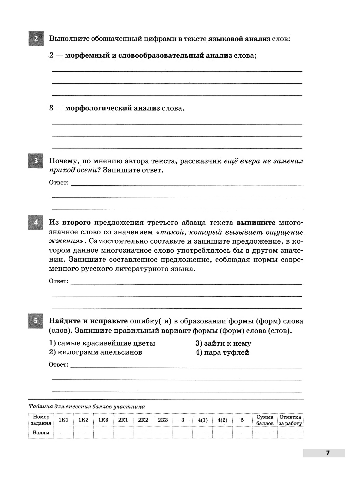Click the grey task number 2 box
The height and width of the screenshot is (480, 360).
coord(36,38)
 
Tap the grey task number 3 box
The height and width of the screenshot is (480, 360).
coord(36,161)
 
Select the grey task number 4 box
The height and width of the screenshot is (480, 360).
coord(36,222)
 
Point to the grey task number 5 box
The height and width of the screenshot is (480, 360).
coord(36,321)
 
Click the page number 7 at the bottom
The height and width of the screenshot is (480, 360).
coord(328,453)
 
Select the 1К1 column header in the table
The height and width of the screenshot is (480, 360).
coord(64,420)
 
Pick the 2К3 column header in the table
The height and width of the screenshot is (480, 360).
coord(163,420)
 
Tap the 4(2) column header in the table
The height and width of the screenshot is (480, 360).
coord(222,420)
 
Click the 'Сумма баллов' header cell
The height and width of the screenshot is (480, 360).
coord(265,420)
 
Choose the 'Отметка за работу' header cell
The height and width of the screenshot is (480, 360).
coord(290,420)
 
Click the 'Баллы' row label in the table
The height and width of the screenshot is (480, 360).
coord(41,433)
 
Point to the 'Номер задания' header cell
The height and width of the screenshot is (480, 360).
coord(41,420)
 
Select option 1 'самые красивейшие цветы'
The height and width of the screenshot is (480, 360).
coord(102,343)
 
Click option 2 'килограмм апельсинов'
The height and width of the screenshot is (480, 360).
coord(95,352)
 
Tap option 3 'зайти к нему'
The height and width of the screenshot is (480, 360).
coord(223,343)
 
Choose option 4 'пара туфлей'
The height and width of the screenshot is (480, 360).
coord(222,352)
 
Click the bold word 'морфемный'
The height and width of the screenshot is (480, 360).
coord(87,55)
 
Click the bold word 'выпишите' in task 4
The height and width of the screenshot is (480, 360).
coord(256,223)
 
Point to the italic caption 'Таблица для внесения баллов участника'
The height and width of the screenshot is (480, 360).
coord(87,407)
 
